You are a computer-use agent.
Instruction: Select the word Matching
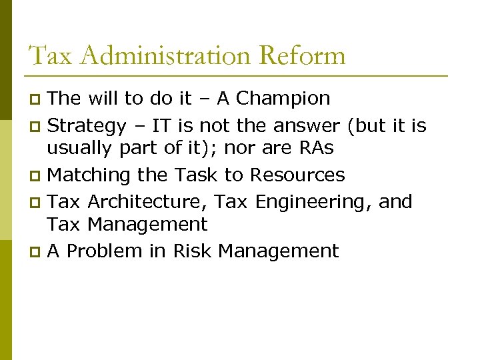pos(89,175)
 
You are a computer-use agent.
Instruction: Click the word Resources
pos(297,175)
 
